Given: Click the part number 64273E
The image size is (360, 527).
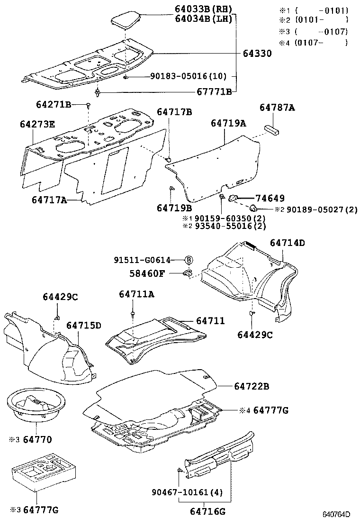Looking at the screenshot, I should [37, 124].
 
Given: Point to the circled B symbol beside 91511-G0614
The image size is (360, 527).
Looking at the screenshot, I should [188, 260].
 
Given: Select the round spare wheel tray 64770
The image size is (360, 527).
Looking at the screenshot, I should [33, 404].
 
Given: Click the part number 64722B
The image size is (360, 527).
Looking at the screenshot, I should [251, 387].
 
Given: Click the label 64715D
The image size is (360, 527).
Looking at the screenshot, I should [83, 325].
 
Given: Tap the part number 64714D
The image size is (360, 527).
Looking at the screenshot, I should [288, 243].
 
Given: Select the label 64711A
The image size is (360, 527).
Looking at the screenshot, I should [136, 294].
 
